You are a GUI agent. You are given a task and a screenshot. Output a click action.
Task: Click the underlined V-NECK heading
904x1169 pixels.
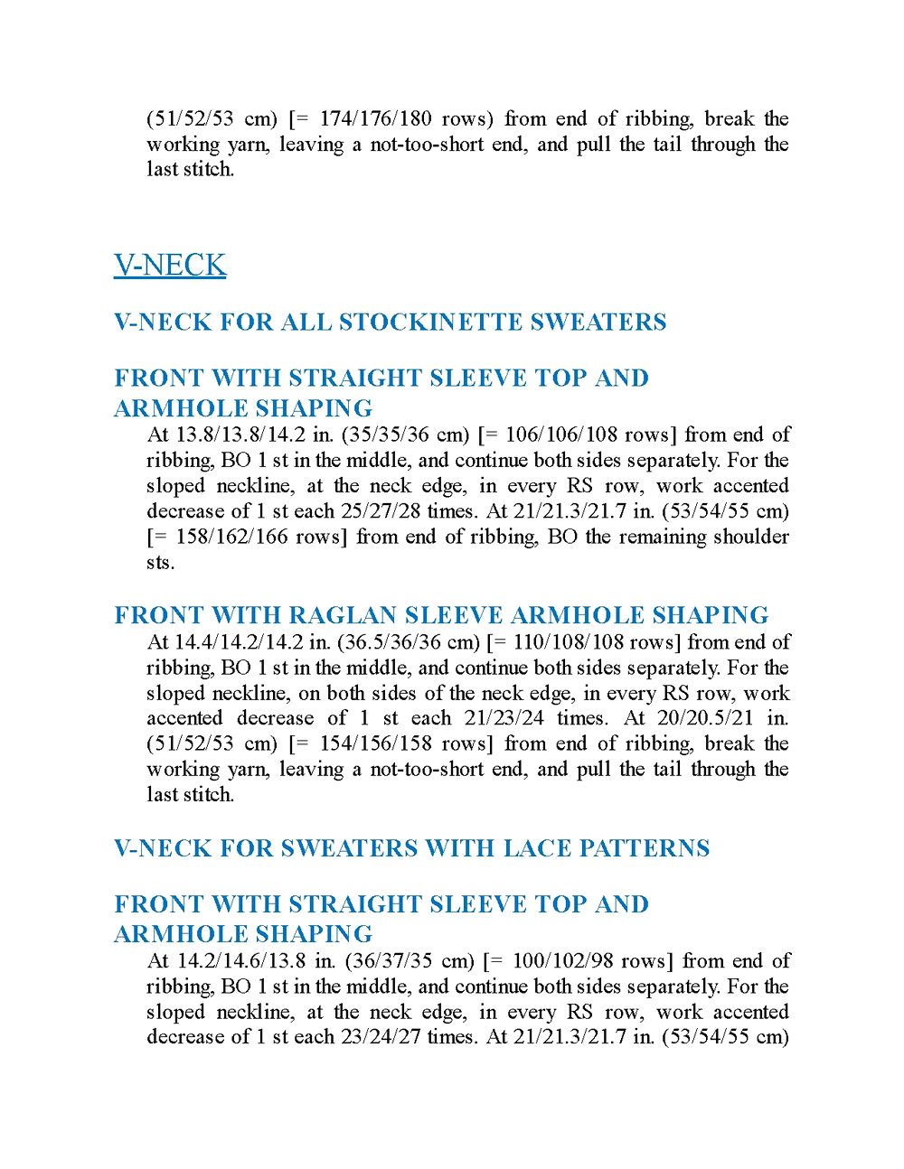(x=170, y=266)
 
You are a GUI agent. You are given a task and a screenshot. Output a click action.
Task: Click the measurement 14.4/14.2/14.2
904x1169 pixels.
(x=239, y=643)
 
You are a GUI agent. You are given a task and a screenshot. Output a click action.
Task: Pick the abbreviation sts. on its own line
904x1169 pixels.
(x=161, y=563)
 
